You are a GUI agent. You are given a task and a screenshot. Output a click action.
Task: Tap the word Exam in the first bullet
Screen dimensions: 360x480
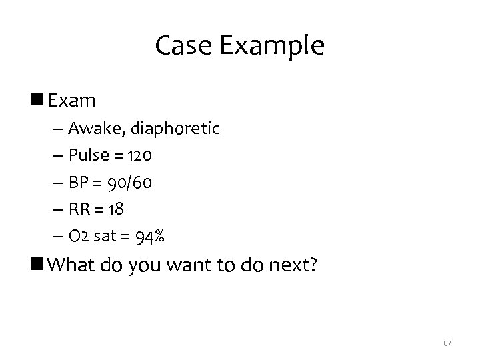tap(72, 101)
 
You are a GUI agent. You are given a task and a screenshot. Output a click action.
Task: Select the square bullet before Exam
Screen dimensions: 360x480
tap(39, 101)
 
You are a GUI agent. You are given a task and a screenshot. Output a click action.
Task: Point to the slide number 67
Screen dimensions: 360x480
tap(447, 343)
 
